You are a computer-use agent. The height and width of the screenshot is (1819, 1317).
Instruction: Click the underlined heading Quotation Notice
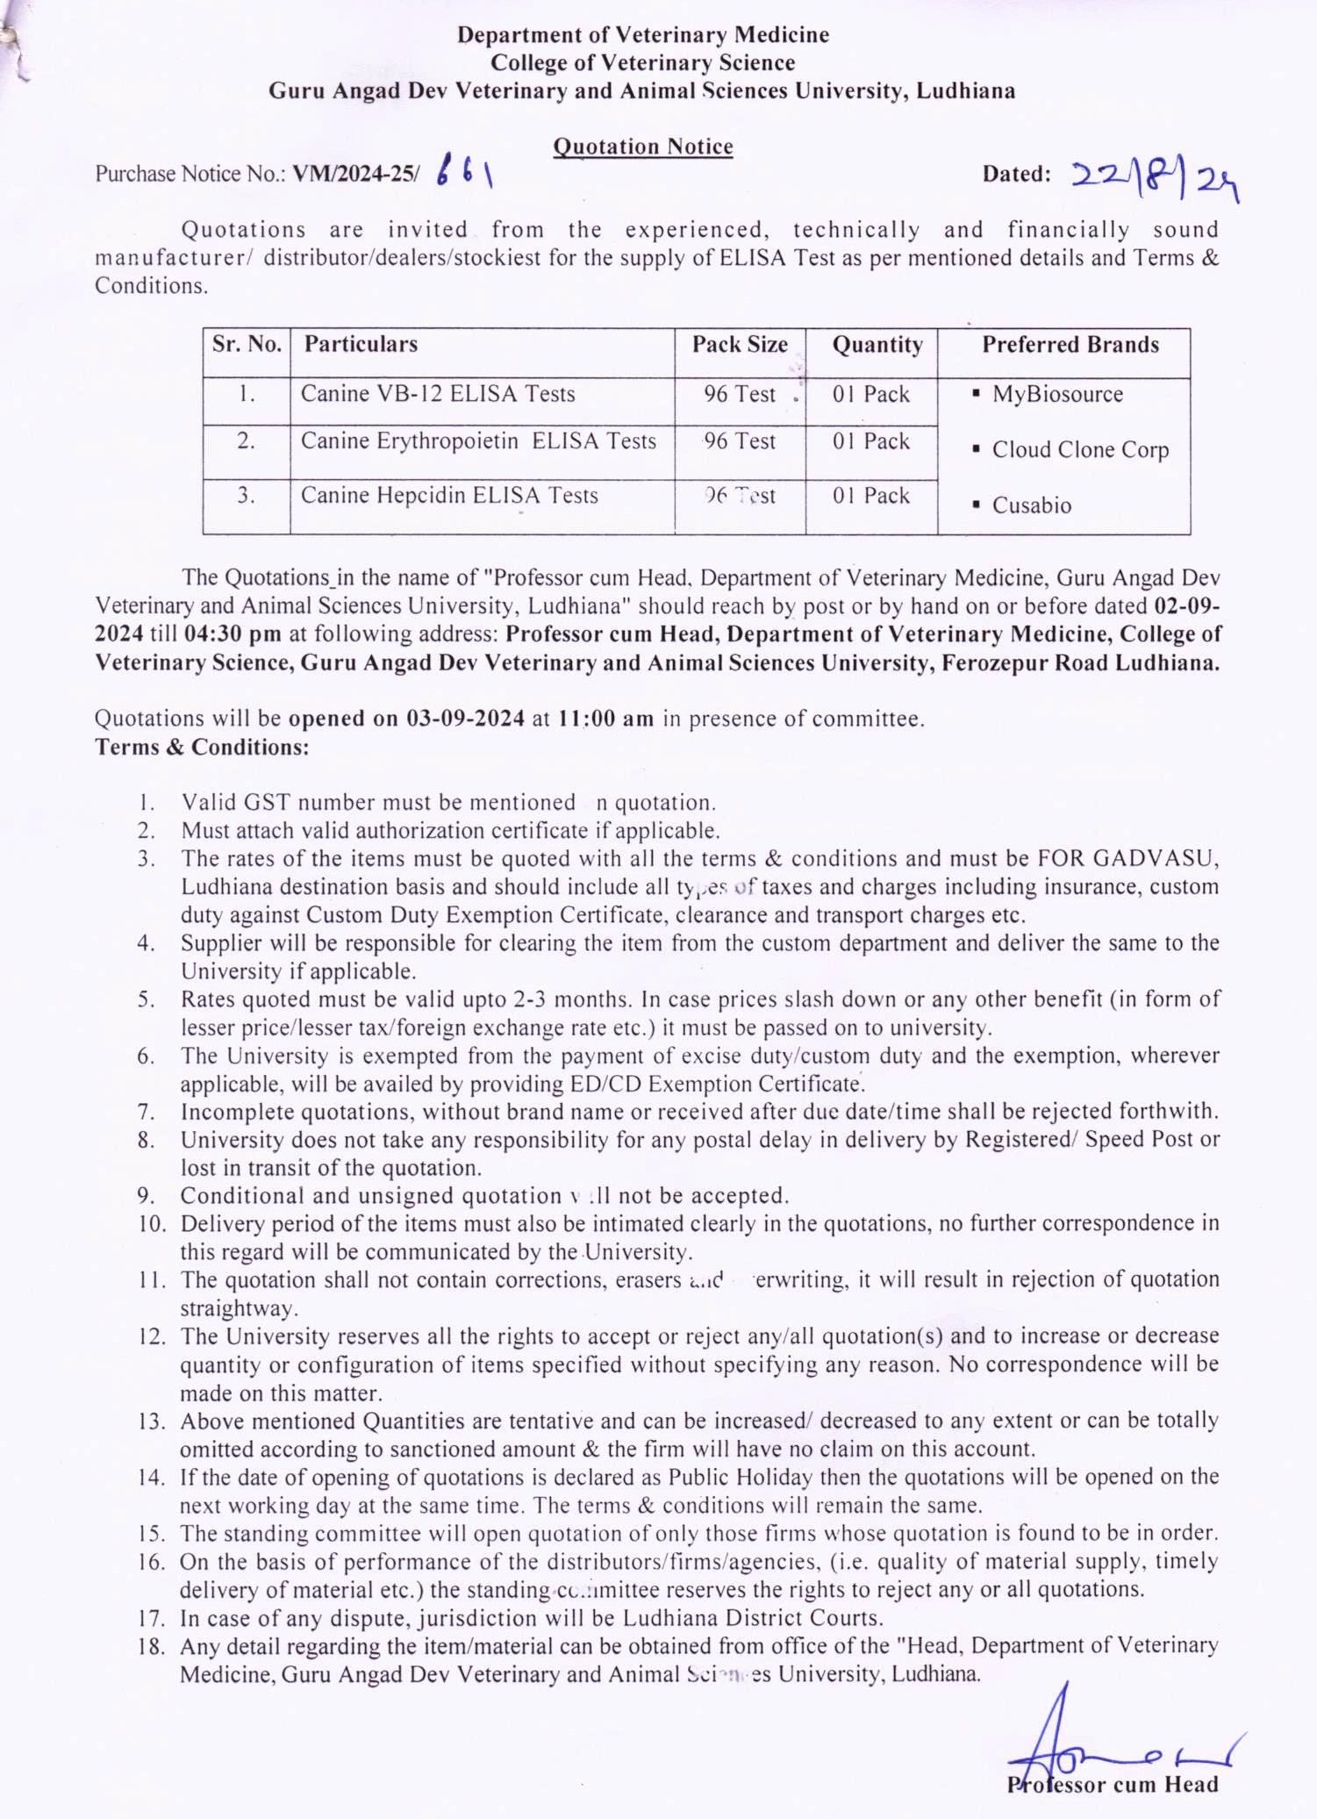coord(642,147)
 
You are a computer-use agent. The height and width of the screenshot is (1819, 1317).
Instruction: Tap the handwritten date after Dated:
coord(1154,178)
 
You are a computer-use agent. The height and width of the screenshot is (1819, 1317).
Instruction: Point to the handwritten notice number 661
coord(464,172)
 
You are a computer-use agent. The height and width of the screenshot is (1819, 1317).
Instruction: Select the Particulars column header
coord(361,344)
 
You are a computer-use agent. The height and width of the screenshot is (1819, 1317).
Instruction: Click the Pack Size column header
coord(740,344)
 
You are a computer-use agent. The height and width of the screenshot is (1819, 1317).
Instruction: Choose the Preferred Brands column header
coord(1070,344)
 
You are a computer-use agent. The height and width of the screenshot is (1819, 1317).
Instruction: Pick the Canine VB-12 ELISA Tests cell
coord(438,394)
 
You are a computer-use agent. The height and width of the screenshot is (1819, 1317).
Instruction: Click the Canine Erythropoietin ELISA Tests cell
coord(478,441)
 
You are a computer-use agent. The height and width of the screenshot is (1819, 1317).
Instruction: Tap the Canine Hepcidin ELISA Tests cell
coord(449,496)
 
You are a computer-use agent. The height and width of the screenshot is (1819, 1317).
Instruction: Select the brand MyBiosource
coord(1057,394)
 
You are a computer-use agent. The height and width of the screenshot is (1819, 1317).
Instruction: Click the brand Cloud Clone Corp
coord(1080,450)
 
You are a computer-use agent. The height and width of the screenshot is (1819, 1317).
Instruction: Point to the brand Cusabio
coord(1032,505)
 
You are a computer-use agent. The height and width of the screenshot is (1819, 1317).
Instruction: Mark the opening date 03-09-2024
coord(465,719)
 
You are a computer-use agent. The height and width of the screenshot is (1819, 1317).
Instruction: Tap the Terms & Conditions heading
coord(202,748)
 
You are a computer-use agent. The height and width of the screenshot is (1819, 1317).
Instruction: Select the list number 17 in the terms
coord(151,1618)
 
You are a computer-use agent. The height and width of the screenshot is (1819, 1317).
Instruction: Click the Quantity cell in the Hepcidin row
coord(870,496)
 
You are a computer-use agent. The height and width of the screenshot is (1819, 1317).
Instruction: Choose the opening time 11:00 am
coord(606,719)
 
